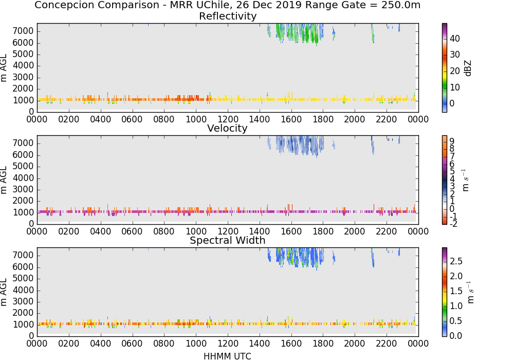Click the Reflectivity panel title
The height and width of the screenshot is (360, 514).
point(228,16)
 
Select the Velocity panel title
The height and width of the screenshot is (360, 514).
point(227,128)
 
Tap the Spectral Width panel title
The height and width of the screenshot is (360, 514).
point(228,240)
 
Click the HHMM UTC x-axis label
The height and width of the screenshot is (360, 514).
point(227,356)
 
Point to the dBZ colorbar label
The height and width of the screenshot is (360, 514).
point(468,68)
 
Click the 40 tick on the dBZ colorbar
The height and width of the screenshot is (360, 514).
point(455,39)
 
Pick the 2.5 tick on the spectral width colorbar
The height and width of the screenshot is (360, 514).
point(456,261)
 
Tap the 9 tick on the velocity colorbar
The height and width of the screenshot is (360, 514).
point(452,141)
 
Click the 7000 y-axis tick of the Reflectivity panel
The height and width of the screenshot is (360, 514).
point(23,31)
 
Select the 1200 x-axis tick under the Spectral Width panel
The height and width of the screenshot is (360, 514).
point(228,344)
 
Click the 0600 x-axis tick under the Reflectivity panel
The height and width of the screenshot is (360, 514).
point(132,119)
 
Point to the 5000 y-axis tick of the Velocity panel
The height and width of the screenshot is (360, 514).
point(23,166)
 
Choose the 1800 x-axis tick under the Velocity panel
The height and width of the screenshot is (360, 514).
point(323,231)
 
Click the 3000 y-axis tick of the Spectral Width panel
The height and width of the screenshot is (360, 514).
point(23,301)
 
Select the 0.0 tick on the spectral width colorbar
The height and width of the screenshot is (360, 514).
point(456,335)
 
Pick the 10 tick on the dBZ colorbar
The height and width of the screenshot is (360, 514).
point(455,87)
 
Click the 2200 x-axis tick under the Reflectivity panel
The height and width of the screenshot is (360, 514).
point(386,119)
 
